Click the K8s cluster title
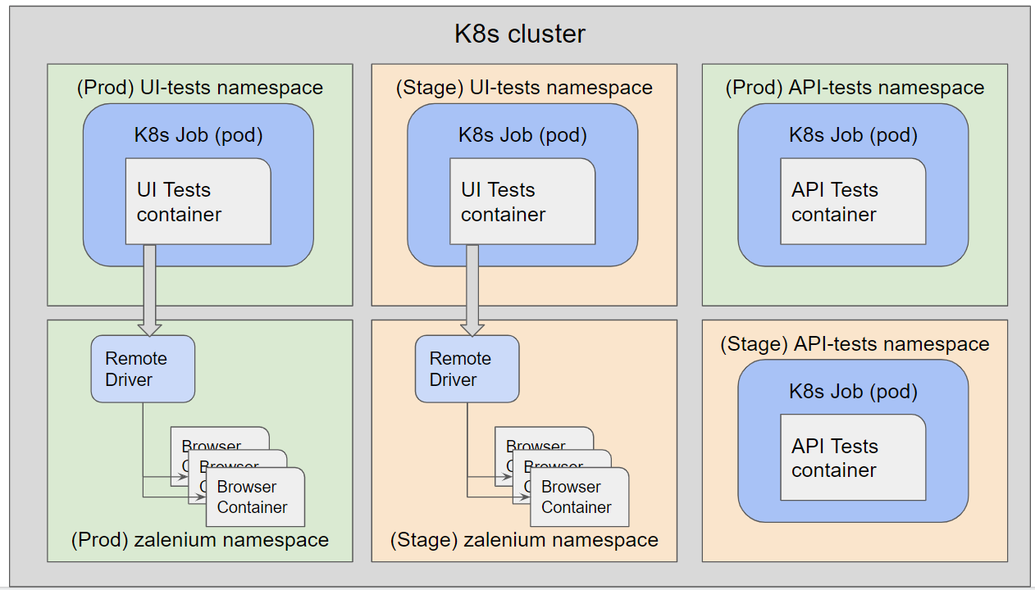click(x=520, y=34)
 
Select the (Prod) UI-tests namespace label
click(x=200, y=88)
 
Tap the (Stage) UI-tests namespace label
click(x=524, y=88)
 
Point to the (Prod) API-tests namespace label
click(x=855, y=88)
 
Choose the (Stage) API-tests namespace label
click(x=855, y=344)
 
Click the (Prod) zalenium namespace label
click(x=200, y=540)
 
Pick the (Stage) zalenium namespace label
click(x=524, y=540)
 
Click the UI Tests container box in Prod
click(x=198, y=202)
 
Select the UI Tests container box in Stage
click(x=522, y=202)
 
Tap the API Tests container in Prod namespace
click(x=853, y=202)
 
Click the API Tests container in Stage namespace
click(x=853, y=458)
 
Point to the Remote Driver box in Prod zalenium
click(x=143, y=369)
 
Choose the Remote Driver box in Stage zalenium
click(x=467, y=369)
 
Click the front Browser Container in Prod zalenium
click(x=255, y=497)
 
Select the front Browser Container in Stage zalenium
click(x=579, y=497)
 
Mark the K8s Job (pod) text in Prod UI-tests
click(x=198, y=135)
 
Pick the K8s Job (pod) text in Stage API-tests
click(x=853, y=392)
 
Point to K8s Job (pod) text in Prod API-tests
click(x=853, y=135)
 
